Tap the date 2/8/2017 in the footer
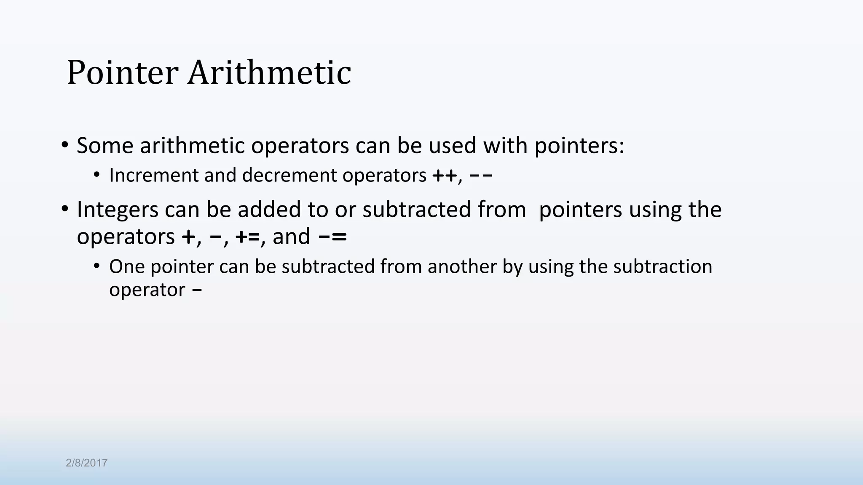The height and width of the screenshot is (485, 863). [86, 463]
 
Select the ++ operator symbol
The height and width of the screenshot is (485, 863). [444, 176]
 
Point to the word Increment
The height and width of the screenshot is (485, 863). [153, 176]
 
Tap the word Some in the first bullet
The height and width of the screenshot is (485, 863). [105, 146]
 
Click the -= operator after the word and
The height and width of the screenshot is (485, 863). [332, 237]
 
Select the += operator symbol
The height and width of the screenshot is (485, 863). [247, 237]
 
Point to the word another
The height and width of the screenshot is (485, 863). [462, 267]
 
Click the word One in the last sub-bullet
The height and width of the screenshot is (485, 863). [127, 267]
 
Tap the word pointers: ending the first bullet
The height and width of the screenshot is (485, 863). [579, 147]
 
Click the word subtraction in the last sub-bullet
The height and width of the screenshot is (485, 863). [662, 267]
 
